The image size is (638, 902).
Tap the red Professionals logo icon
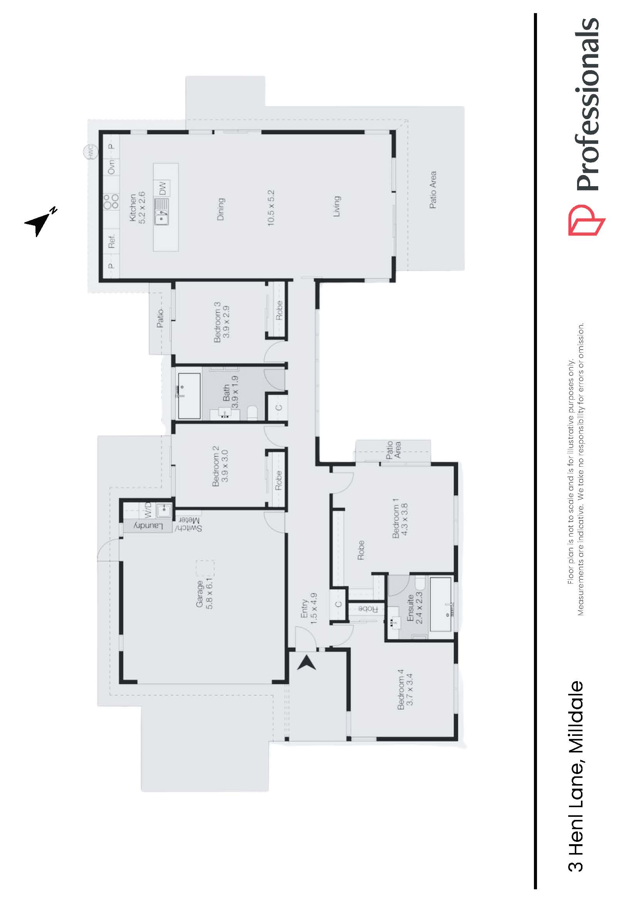[x=586, y=220]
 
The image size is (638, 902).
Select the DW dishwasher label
[x=163, y=188]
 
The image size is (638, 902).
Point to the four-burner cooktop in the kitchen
[x=111, y=201]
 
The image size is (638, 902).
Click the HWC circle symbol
[x=90, y=151]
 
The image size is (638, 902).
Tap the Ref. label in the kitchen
[x=112, y=241]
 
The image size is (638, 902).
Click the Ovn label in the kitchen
[x=111, y=167]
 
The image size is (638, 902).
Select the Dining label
[x=221, y=209]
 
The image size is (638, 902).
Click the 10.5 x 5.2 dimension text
[x=271, y=208]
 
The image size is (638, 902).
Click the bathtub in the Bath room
[x=189, y=395]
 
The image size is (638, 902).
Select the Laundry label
[x=148, y=526]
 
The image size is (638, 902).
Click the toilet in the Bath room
[x=252, y=413]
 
